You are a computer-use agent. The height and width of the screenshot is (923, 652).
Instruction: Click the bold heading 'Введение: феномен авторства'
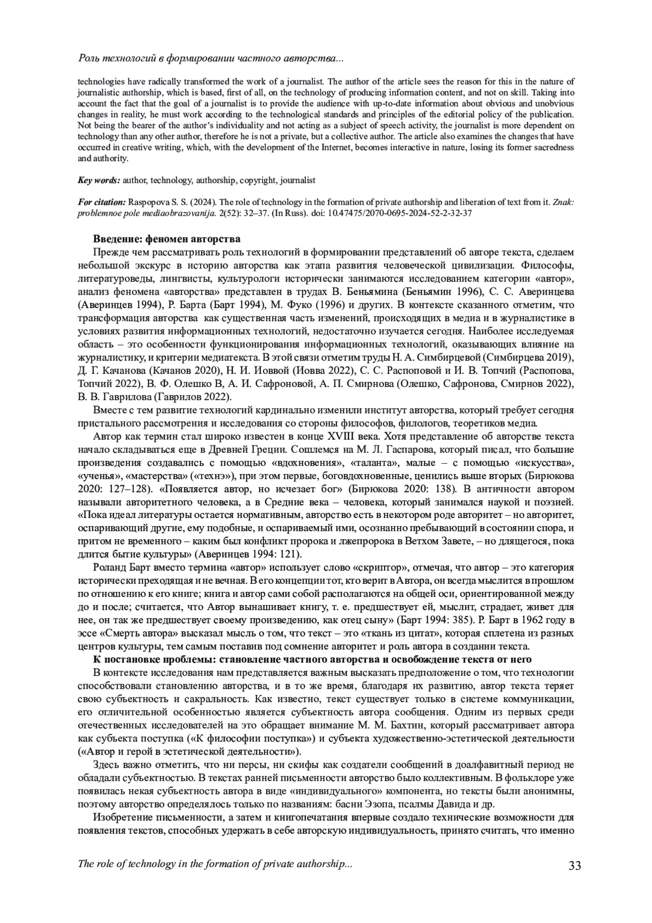(167, 239)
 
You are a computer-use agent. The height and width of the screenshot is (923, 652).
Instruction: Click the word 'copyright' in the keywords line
(264, 179)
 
